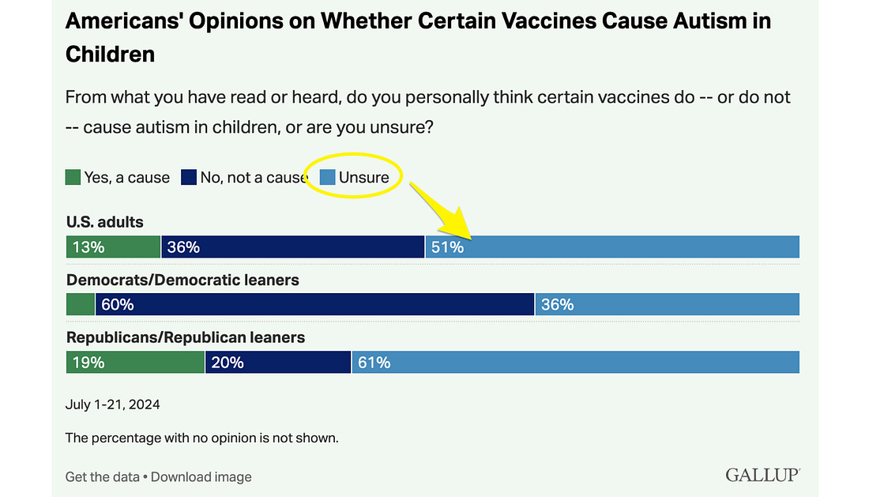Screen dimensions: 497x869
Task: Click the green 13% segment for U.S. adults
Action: point(113,247)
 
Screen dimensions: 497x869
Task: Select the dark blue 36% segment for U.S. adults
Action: point(293,247)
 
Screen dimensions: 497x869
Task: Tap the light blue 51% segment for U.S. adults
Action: point(612,247)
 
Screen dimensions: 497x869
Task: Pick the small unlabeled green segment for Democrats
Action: point(81,304)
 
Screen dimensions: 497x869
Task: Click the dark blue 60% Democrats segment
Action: point(315,304)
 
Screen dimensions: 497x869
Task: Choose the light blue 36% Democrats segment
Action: point(668,304)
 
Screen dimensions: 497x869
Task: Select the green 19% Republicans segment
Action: point(135,362)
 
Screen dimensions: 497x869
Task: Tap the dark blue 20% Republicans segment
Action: point(278,362)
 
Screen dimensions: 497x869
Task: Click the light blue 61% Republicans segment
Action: point(575,362)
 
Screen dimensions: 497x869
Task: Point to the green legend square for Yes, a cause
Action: point(73,177)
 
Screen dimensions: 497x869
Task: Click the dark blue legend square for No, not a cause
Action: point(189,177)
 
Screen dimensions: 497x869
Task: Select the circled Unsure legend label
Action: point(363,177)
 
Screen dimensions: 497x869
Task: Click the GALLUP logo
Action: point(762,475)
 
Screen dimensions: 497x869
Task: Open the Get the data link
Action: point(102,476)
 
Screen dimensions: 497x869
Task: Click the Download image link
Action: point(201,476)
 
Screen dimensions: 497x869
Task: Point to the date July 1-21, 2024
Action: point(113,405)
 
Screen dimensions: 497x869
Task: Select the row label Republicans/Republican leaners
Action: point(186,337)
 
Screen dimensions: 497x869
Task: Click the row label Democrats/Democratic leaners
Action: point(183,280)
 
